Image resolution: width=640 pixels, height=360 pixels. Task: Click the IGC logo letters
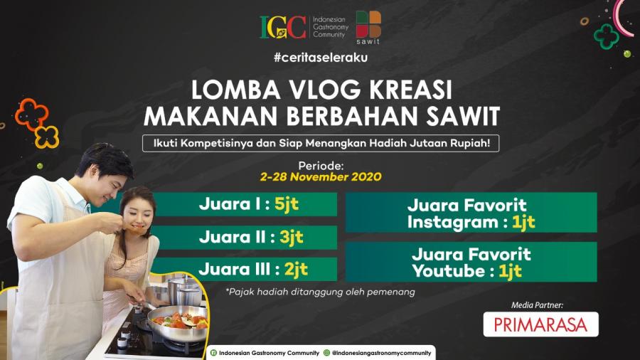(283, 27)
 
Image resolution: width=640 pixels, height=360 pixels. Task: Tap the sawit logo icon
(368, 24)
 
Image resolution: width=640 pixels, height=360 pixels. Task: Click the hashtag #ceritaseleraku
(321, 57)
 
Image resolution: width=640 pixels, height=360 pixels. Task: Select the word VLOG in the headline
(325, 90)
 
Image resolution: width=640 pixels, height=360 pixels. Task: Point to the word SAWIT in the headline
(463, 117)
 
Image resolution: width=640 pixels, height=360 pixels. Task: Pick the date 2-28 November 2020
(321, 176)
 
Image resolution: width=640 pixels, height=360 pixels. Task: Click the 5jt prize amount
(287, 204)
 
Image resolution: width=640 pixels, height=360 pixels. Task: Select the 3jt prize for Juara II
(292, 237)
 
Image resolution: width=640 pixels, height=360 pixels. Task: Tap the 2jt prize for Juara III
(296, 270)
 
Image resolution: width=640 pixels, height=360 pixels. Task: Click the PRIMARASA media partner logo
(541, 324)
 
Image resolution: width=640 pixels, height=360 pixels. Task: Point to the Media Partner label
(537, 305)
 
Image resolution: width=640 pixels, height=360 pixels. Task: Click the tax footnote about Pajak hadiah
(321, 292)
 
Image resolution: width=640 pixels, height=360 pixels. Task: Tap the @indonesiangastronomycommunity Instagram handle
(381, 353)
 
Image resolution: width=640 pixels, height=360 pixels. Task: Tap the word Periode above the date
(321, 166)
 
